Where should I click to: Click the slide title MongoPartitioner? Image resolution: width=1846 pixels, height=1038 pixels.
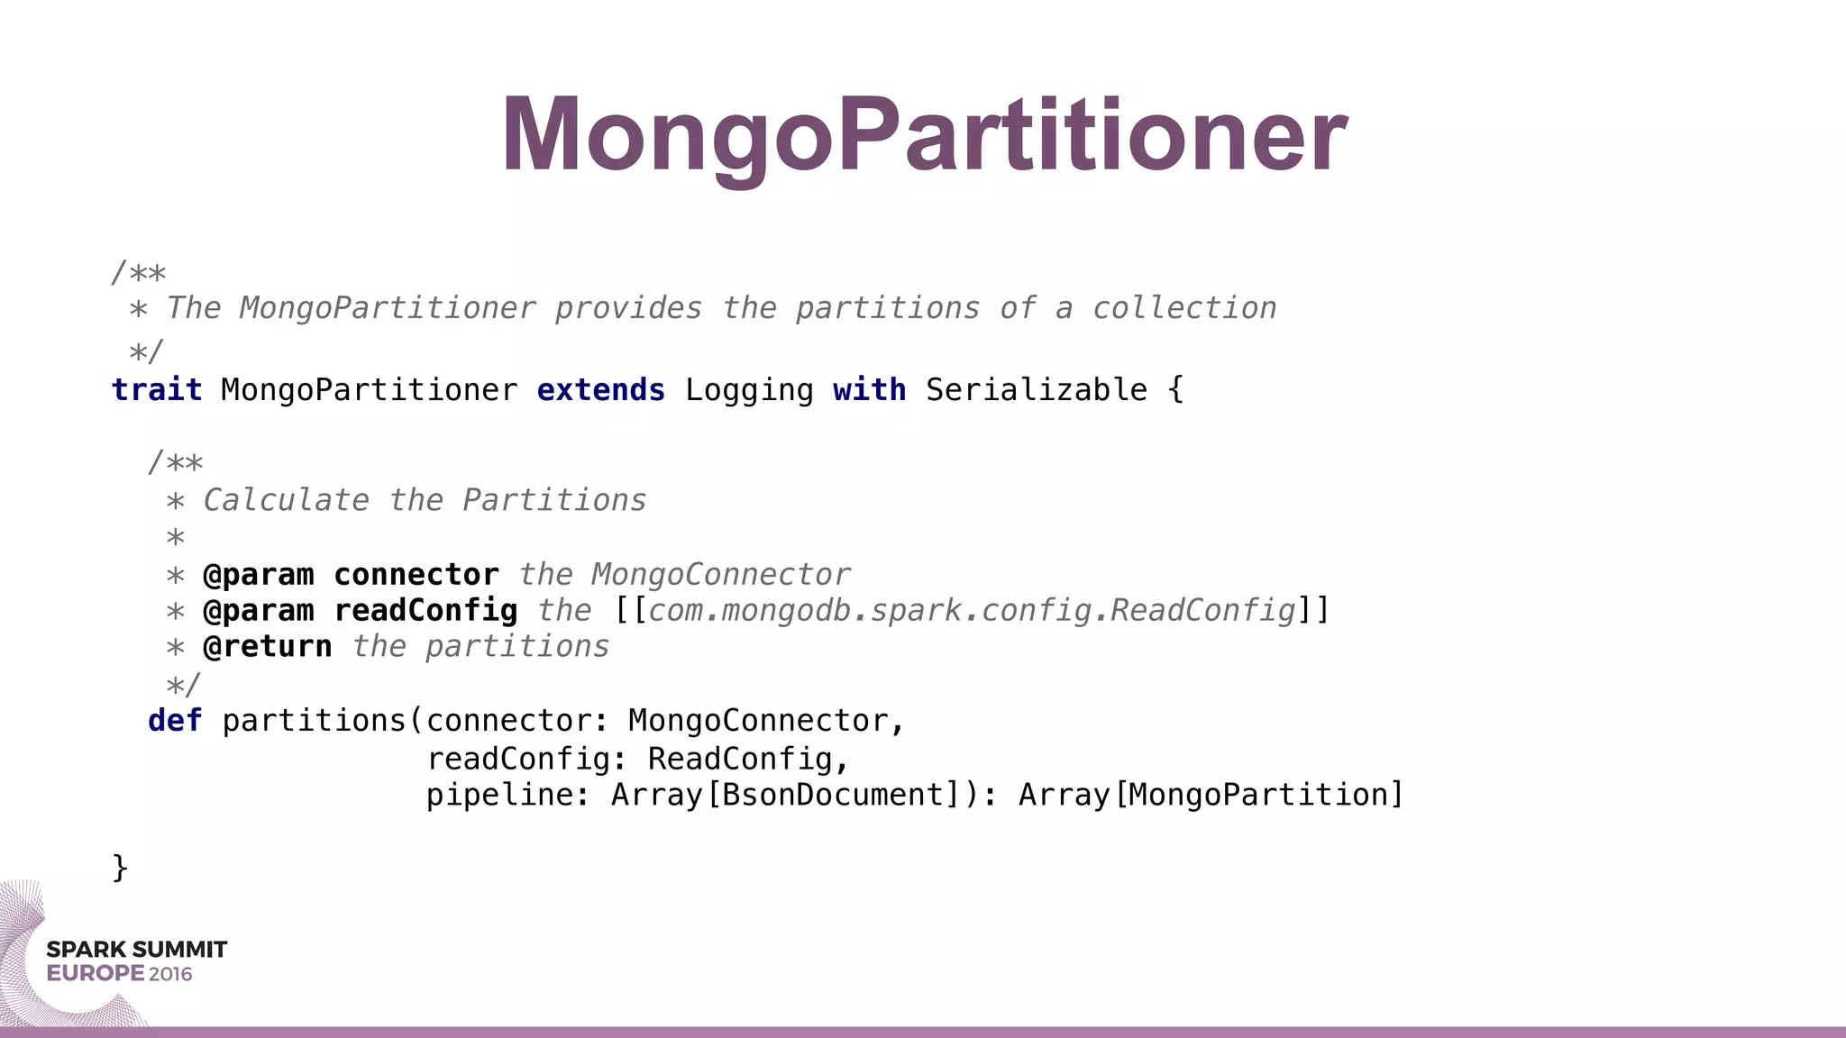tap(924, 135)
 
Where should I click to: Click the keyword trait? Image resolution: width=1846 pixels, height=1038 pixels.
tap(157, 390)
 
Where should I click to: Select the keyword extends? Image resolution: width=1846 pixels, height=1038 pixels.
tap(600, 390)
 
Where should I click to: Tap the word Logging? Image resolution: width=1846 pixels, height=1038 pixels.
tap(749, 390)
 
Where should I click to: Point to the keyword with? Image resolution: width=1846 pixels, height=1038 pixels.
tap(869, 390)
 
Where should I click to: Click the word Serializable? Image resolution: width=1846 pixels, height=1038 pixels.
tap(1037, 390)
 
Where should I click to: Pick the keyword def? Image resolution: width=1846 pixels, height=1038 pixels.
tap(175, 721)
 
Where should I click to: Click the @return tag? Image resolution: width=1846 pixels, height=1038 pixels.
tap(267, 647)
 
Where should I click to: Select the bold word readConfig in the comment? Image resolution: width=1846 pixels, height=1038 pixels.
tap(425, 611)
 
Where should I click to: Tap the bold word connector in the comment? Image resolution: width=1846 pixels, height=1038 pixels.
tap(416, 575)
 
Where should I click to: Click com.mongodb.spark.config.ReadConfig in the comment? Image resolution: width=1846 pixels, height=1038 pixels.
tap(972, 611)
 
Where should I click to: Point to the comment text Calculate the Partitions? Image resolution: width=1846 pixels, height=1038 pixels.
tap(425, 500)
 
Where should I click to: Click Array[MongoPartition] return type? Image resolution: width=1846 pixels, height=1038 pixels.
tap(1211, 795)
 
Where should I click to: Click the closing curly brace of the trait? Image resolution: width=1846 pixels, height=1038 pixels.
tap(120, 868)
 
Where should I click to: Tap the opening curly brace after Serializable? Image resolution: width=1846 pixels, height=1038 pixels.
tap(1175, 390)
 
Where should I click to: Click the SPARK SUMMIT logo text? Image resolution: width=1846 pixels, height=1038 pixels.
tap(137, 950)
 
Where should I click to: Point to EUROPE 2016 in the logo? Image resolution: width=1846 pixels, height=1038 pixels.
tap(119, 974)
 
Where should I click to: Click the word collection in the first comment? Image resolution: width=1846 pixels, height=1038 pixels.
tap(1184, 308)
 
